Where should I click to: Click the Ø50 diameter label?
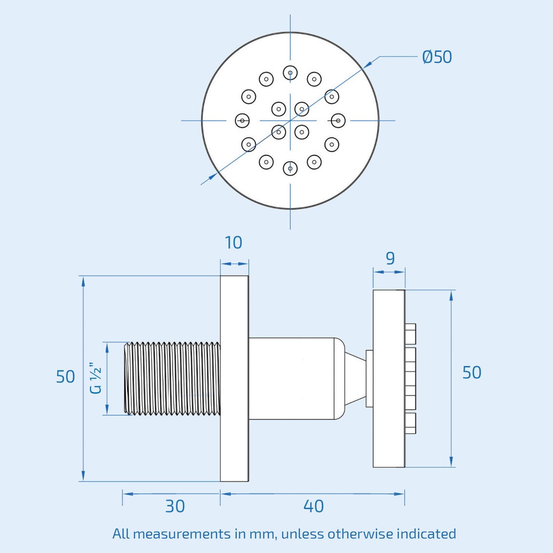[x=437, y=57]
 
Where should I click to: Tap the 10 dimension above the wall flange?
[x=234, y=243]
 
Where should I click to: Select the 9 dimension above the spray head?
[x=390, y=259]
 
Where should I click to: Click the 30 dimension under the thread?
[x=175, y=507]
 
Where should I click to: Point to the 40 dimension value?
[x=313, y=507]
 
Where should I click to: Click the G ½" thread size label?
[x=96, y=378]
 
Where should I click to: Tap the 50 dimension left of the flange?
[x=65, y=377]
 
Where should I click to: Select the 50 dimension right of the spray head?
[x=472, y=373]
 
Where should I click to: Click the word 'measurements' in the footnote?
[x=181, y=534]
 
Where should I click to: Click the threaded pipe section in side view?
[x=172, y=378]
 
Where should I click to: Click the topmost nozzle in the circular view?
[x=290, y=73]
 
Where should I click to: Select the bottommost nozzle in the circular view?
[x=290, y=169]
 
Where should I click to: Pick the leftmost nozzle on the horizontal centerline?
[x=242, y=121]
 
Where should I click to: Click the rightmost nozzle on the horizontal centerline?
[x=338, y=121]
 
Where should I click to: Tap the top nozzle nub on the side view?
[x=410, y=334]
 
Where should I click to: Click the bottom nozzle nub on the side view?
[x=410, y=423]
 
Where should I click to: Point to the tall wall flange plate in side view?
[x=234, y=378]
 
